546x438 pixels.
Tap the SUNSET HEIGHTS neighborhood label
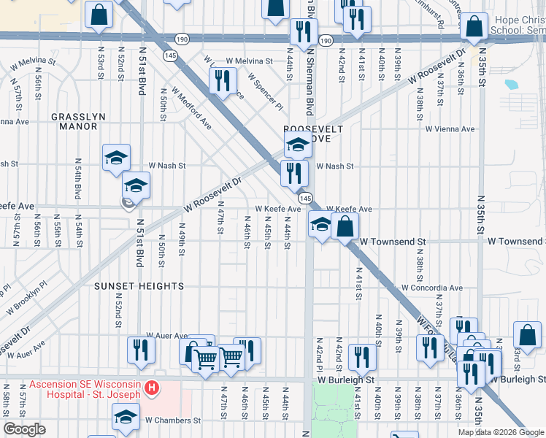point(139,287)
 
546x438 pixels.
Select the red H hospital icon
point(152,387)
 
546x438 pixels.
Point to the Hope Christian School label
point(519,26)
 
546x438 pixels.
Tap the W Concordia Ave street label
point(431,288)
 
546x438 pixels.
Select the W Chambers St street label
point(172,420)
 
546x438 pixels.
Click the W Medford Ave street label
point(192,109)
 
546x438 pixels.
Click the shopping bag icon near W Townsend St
point(345,226)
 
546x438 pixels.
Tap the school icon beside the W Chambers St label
point(126,417)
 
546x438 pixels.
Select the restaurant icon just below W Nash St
point(293,173)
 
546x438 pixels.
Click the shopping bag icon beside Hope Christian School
point(474,27)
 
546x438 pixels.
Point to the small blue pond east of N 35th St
point(511,84)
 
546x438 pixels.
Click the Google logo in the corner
point(24,429)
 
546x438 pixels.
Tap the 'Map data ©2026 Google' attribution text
point(501,432)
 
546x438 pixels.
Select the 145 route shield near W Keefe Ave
point(304,199)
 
